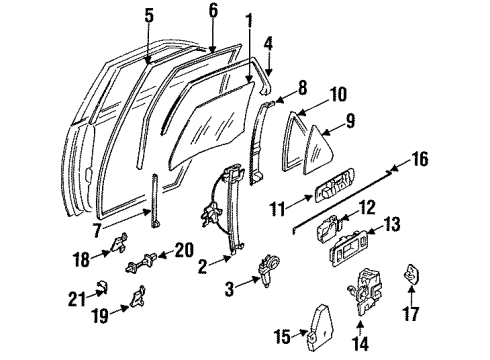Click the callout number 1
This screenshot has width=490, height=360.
247,19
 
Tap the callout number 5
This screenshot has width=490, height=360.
148,15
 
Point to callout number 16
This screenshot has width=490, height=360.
420,157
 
